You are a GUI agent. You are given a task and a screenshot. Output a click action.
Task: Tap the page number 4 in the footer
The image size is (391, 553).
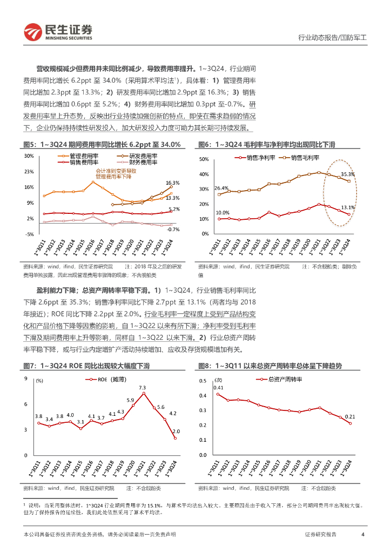362,534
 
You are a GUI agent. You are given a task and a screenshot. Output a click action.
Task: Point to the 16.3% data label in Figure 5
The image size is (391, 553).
172,183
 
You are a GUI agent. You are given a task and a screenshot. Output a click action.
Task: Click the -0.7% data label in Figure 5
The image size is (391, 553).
173,230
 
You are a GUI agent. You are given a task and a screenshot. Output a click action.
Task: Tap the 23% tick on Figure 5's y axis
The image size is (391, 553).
29,171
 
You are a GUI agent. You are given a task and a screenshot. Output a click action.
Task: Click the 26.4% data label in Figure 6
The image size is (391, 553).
221,188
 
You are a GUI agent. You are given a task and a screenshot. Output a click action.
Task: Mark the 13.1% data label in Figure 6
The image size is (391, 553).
348,207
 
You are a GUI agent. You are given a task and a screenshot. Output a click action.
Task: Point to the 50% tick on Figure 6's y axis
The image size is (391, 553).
204,160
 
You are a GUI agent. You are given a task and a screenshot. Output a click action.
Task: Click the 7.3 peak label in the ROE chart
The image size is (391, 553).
142,387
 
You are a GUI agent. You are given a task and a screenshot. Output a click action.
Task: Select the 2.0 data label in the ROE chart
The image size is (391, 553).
176,431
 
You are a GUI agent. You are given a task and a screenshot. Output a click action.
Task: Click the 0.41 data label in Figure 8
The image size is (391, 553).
218,387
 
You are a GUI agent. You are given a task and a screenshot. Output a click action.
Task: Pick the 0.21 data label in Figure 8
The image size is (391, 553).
349,416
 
